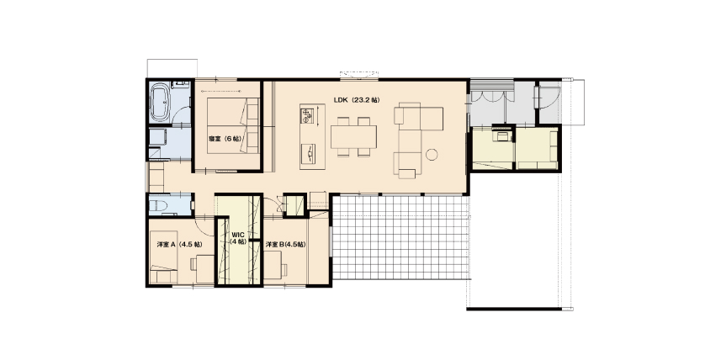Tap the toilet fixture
click(159, 206)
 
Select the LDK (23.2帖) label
click(356, 100)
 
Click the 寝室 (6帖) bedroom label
click(225, 138)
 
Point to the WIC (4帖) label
click(238, 238)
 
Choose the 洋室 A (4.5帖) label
click(179, 245)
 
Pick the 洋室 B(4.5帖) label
click(285, 245)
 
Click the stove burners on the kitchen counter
click(306, 116)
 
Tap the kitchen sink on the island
click(308, 154)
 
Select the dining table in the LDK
click(353, 136)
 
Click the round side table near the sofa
click(432, 154)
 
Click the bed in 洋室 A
click(163, 257)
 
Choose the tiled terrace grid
click(400, 238)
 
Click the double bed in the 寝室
click(234, 126)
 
